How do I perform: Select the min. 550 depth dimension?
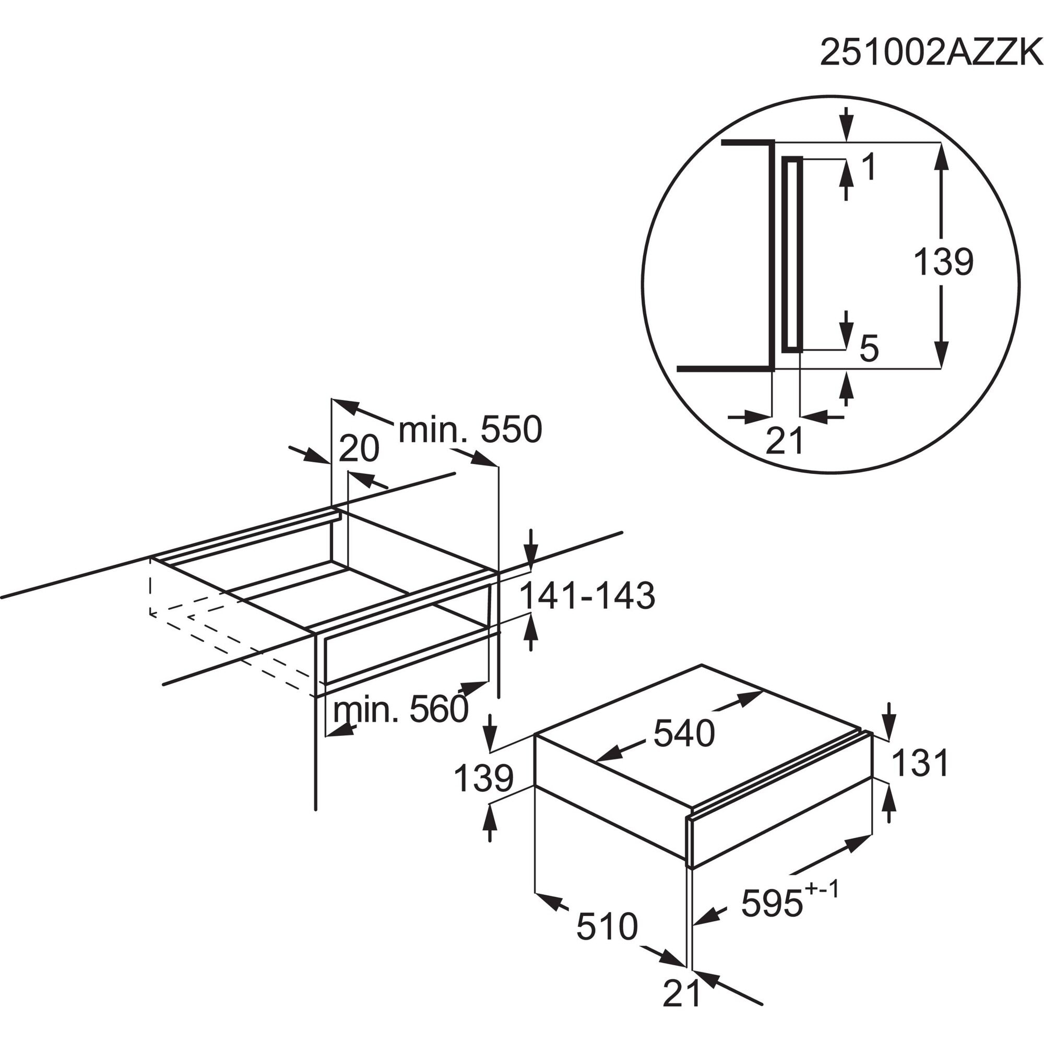click(470, 430)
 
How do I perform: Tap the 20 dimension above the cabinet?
click(359, 449)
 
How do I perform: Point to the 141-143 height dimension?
click(587, 597)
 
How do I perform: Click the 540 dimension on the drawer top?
click(684, 734)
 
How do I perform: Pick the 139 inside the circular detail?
click(943, 262)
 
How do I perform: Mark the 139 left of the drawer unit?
click(483, 779)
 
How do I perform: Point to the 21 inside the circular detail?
click(785, 441)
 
